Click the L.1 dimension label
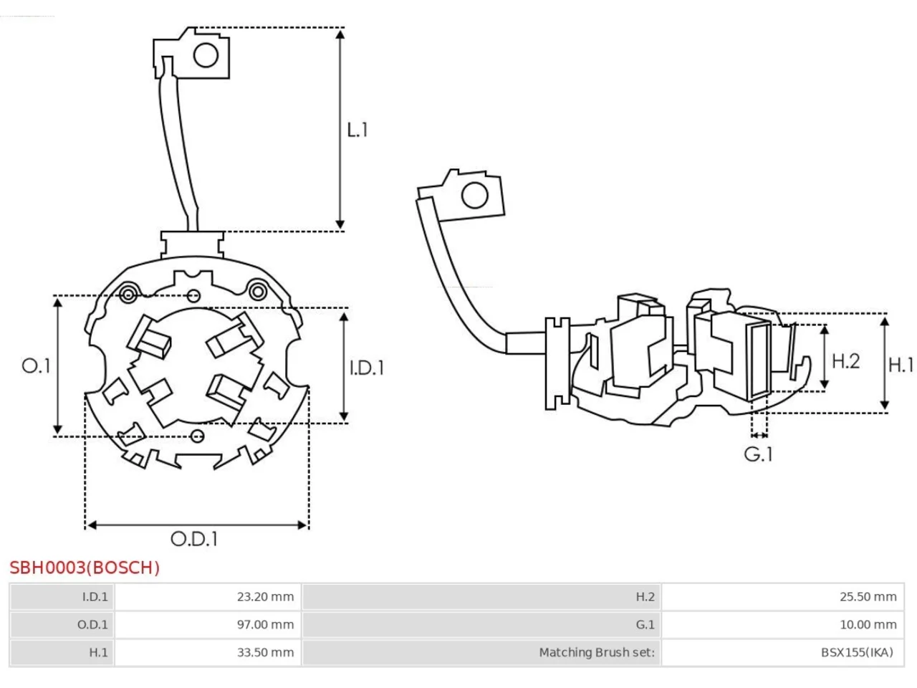(x=357, y=130)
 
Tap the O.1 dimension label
(x=36, y=366)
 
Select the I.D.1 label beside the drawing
(x=366, y=368)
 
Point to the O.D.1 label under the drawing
(x=194, y=539)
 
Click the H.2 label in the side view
(x=845, y=361)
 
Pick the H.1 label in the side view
(x=901, y=365)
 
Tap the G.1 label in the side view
(x=758, y=454)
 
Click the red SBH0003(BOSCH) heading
(x=85, y=568)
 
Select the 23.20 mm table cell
(x=208, y=596)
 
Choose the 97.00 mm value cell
(x=208, y=624)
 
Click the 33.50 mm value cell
(x=208, y=652)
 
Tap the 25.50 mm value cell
(x=782, y=596)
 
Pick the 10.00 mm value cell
(x=782, y=624)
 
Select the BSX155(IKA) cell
(x=782, y=652)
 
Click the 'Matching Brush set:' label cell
(x=481, y=652)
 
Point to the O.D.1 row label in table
(x=62, y=624)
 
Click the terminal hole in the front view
(x=206, y=55)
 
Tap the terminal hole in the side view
(x=474, y=195)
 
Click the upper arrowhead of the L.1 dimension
(x=340, y=34)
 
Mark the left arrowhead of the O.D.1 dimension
(x=92, y=525)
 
